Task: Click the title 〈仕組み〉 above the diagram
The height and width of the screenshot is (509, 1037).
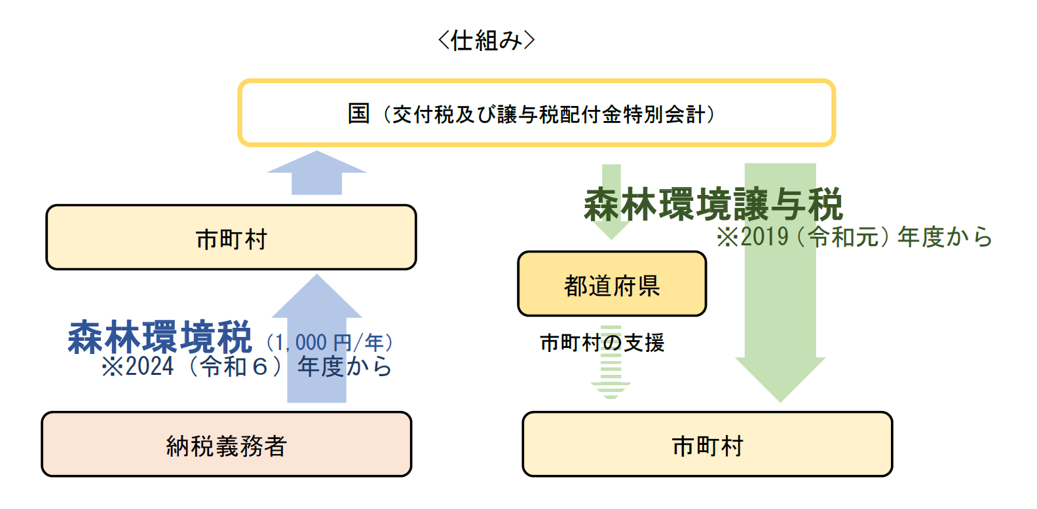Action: tap(486, 41)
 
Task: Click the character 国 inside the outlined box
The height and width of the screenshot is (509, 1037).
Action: tap(359, 114)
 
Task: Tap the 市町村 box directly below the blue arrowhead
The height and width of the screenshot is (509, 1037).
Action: tap(231, 238)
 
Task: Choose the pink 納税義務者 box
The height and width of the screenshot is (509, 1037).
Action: tap(226, 445)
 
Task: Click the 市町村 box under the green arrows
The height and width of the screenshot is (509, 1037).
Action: tap(707, 445)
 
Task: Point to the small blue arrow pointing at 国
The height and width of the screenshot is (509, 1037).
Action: tap(316, 173)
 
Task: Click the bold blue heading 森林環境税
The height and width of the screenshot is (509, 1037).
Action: tap(160, 338)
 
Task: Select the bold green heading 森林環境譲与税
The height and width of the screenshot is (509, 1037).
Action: tap(713, 205)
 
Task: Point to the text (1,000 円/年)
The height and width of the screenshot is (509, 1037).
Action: tap(330, 342)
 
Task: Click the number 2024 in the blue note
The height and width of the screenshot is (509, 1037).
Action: tap(150, 367)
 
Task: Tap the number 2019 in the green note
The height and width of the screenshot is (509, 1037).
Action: tap(764, 237)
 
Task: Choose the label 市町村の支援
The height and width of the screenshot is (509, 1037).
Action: tap(602, 343)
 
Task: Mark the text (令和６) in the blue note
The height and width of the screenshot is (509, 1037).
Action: tap(235, 367)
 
